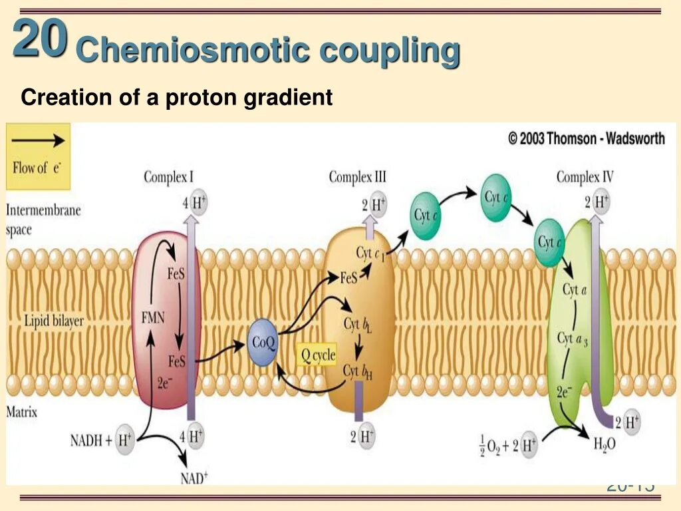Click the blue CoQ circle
click(x=262, y=343)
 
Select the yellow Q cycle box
click(x=316, y=355)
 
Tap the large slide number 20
click(x=40, y=39)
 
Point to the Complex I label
click(x=169, y=177)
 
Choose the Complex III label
click(x=357, y=177)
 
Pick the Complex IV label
click(x=585, y=177)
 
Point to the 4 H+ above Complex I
click(x=194, y=203)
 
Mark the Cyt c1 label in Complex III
click(x=370, y=254)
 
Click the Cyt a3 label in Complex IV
click(x=573, y=339)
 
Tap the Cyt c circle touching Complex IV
click(x=550, y=244)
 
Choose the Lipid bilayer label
click(x=45, y=321)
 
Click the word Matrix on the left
click(x=22, y=412)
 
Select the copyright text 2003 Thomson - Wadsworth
click(x=586, y=138)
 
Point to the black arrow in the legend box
click(x=39, y=140)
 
